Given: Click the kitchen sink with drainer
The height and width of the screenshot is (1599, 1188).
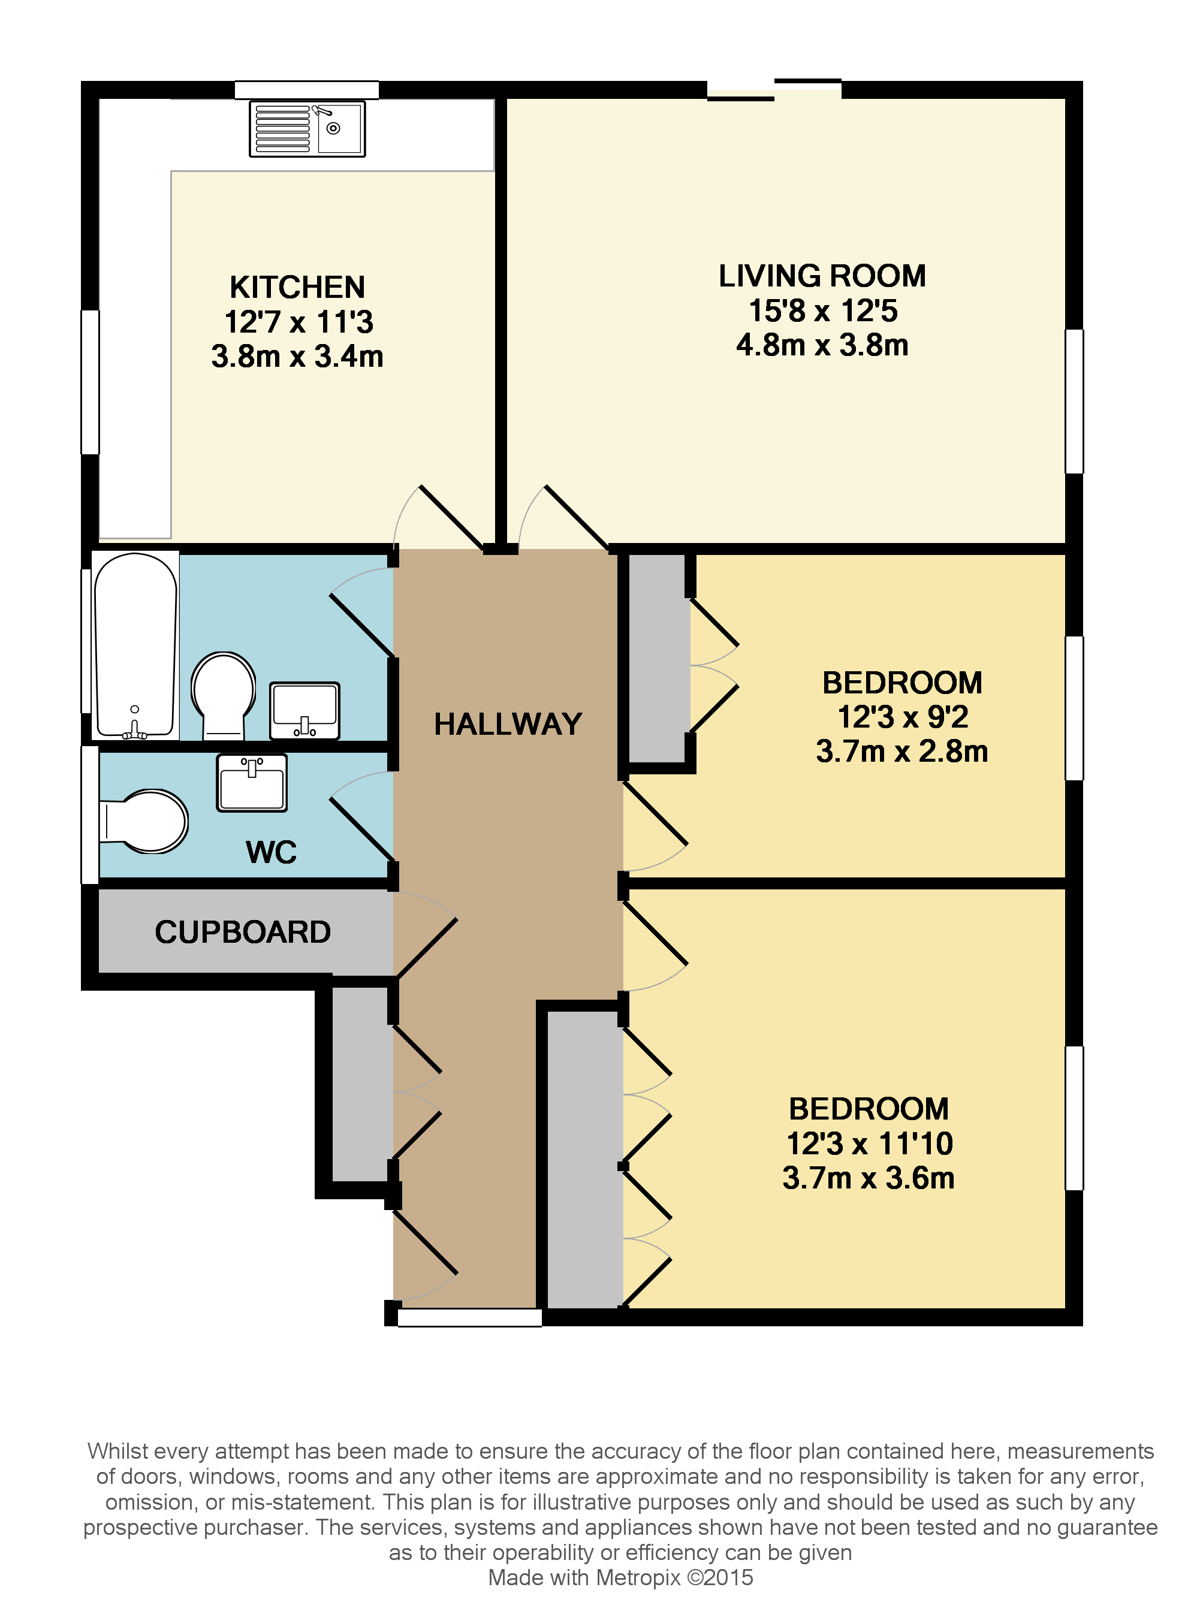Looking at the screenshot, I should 307,129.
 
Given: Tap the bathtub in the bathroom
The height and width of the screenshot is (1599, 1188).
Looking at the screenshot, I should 135,645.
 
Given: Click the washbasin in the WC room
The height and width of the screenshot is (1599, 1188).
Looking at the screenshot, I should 252,783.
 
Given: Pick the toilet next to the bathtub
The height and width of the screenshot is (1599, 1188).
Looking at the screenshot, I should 224,695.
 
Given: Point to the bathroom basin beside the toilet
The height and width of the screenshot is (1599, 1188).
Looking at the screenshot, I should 304,710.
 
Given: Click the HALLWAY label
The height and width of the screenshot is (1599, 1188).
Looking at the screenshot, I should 508,724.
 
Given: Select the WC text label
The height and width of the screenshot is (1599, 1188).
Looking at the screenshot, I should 270,852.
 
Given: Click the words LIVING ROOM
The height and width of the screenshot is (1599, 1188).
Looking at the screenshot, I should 822,276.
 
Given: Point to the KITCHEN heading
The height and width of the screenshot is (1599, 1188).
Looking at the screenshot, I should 297,287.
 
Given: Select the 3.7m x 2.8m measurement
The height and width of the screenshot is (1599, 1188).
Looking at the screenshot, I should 901,752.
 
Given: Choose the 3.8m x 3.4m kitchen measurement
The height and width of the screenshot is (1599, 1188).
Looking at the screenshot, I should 297,357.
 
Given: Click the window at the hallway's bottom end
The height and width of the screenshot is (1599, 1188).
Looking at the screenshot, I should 469,1317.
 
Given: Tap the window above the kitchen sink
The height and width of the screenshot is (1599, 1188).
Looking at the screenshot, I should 307,89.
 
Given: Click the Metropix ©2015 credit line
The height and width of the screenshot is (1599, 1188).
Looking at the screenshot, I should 620,1577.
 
